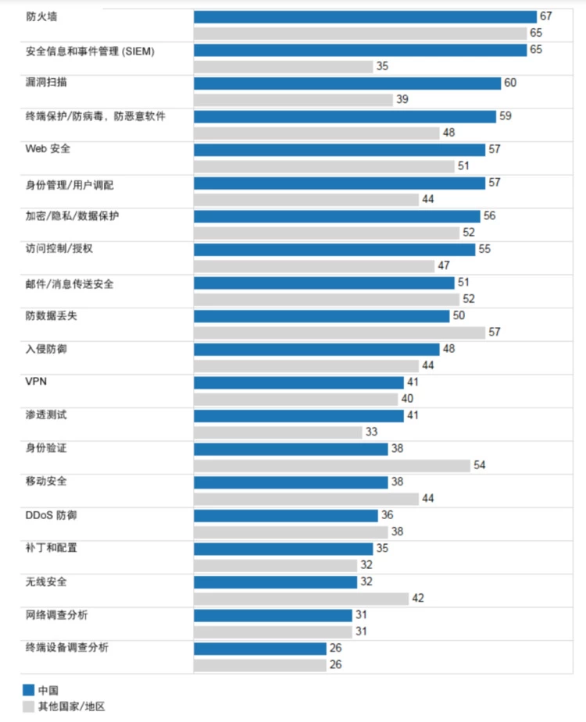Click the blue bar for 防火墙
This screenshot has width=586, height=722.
pos(365,17)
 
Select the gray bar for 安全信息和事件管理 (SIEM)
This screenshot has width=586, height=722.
pos(283,66)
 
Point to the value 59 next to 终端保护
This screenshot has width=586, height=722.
pos(505,116)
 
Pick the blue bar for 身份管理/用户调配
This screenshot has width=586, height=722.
pos(339,183)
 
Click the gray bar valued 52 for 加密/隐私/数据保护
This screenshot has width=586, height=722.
pos(327,233)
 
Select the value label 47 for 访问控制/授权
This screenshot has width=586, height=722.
pos(444,265)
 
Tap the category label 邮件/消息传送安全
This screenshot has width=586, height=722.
pos(70,283)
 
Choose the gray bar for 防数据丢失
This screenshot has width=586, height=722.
pos(339,332)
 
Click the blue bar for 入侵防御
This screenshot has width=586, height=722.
pos(316,349)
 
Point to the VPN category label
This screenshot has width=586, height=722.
pos(36,382)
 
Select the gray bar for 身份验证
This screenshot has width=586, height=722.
pos(332,464)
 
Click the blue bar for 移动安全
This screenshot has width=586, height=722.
pos(291,482)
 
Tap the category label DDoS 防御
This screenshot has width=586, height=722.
pos(51,515)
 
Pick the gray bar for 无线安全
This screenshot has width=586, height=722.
pos(301,598)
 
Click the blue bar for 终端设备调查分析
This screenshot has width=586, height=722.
pos(259,648)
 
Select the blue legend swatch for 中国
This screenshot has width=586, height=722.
pos(28,690)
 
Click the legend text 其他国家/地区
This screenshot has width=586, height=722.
pos(71,706)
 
